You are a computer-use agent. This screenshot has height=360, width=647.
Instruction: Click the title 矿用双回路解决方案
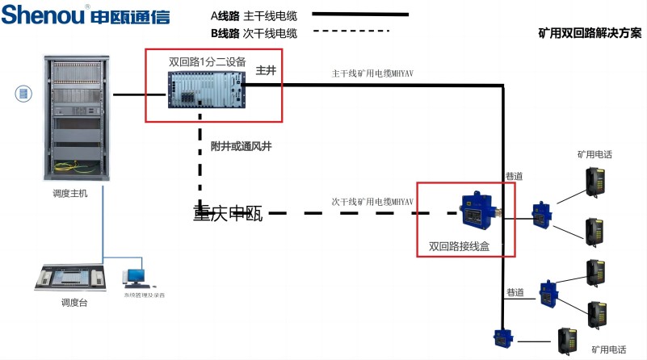coord(590,34)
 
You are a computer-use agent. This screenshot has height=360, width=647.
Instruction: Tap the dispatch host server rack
coord(77,117)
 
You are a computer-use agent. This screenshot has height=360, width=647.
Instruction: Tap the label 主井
coord(266,71)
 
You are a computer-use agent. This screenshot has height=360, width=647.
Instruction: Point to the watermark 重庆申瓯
coord(228,214)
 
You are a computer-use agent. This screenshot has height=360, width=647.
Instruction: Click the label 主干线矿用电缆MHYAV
coord(373,73)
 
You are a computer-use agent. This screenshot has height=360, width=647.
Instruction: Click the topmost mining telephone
coord(597,178)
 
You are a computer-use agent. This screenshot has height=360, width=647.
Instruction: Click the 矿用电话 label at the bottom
coord(608,350)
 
